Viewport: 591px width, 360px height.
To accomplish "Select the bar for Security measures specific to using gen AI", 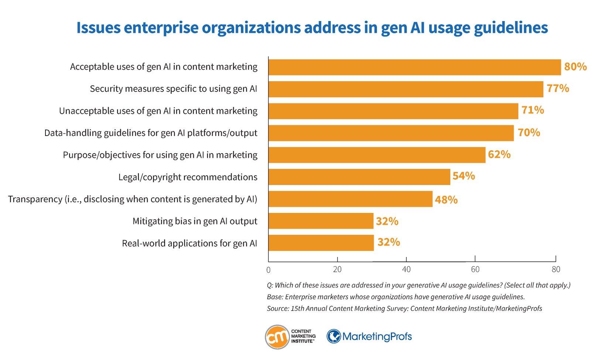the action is pos(406,89).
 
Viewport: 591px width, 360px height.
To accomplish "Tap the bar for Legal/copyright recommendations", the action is pos(359,177).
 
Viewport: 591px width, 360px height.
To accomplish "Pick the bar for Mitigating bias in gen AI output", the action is pos(321,221).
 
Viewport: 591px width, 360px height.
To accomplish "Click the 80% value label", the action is pos(575,67).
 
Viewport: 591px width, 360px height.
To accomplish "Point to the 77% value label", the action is pos(558,88).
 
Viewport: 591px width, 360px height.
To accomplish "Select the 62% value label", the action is pos(499,155).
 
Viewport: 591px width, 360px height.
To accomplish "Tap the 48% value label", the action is pos(446,200).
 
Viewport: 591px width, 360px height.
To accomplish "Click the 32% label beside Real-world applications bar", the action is pos(389,242).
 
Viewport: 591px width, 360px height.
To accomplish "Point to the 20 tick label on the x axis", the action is pos(337,270).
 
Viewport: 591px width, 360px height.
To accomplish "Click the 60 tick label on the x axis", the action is pos(475,270).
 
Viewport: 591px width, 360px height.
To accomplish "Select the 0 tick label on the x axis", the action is pos(269,270).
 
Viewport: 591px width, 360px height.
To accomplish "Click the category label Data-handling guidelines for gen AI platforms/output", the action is pos(151,133).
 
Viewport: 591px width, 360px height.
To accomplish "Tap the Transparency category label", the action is pos(133,199).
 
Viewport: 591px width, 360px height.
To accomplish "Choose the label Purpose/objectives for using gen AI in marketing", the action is pos(160,155).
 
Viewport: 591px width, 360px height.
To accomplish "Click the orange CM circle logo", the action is pos(277,337).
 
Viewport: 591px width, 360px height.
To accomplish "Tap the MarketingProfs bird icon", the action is pos(334,336).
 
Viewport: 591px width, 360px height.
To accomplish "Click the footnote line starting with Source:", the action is pos(404,309).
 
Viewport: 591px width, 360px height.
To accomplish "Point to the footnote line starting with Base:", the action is pos(396,297).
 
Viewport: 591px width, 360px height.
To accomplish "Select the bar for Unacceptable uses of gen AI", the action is pos(393,111).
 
